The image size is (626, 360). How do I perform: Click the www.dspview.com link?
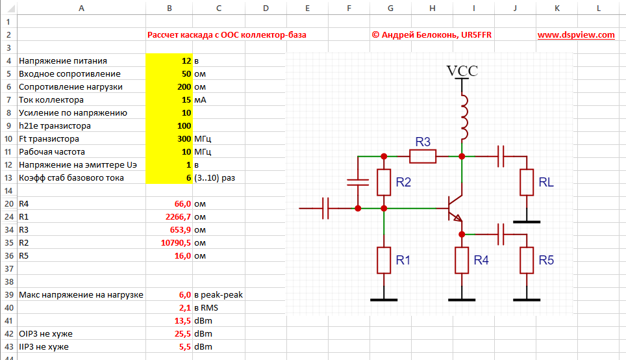[575, 35]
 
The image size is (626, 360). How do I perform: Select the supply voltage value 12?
[185, 61]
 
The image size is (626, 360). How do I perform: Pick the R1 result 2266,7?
[175, 217]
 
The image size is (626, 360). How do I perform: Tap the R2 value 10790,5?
[173, 243]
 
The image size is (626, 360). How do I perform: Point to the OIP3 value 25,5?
[180, 334]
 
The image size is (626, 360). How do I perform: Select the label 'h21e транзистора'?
[55, 126]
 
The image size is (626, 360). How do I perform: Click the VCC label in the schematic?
[462, 71]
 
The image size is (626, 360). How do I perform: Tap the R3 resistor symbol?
[422, 156]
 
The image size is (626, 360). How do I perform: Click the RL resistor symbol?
[527, 183]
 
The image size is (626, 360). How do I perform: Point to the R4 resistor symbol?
[462, 260]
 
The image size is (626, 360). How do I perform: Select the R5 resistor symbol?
[527, 260]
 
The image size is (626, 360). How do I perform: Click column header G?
[390, 8]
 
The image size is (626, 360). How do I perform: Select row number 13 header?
[8, 178]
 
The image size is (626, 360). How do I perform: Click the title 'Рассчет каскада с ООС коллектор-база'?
[227, 35]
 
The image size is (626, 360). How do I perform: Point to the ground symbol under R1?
[384, 299]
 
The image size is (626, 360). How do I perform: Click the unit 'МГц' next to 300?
[203, 139]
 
